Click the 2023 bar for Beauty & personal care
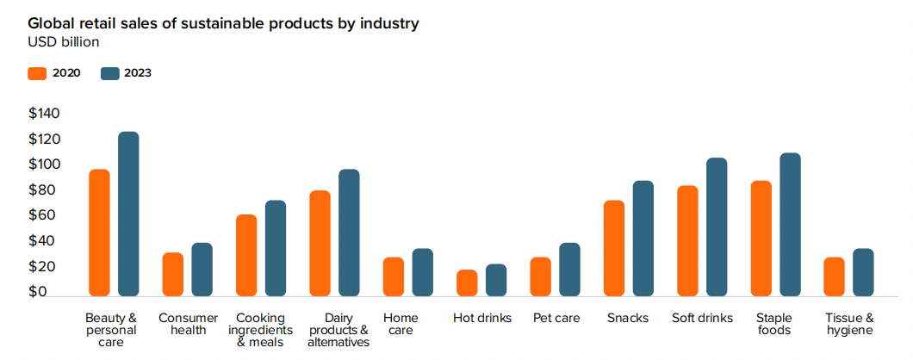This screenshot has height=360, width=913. [x=128, y=214]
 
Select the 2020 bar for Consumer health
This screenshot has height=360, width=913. [x=173, y=274]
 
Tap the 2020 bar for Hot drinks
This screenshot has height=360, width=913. [x=467, y=282]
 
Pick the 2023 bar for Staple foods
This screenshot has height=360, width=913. [x=790, y=224]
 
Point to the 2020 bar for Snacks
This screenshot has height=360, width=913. [x=614, y=248]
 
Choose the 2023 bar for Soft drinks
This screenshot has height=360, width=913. [x=717, y=227]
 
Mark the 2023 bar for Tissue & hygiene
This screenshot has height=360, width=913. [x=863, y=272]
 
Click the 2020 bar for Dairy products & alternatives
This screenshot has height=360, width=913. [x=320, y=243]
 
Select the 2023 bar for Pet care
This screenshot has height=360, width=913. [x=569, y=269]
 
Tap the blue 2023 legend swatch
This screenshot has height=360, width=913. [x=109, y=73]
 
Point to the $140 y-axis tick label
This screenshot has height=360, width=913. [x=44, y=114]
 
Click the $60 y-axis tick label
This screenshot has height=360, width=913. [x=44, y=215]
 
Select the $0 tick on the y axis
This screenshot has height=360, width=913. [x=37, y=292]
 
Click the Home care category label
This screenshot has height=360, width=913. [x=401, y=324]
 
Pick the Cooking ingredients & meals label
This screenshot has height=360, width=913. [x=261, y=330]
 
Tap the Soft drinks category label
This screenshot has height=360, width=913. [x=702, y=318]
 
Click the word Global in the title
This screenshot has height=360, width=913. [x=50, y=23]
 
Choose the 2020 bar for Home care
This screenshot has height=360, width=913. [x=394, y=276]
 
